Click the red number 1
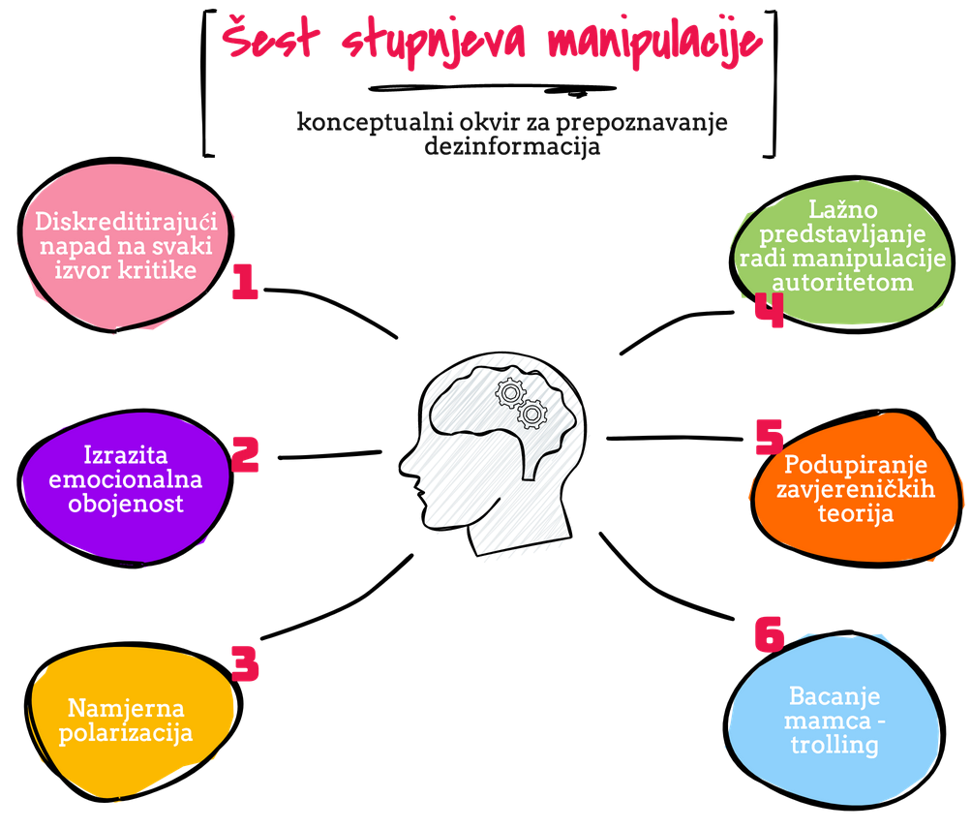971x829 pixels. (245, 282)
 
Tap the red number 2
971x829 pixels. (245, 454)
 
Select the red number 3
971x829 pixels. (245, 664)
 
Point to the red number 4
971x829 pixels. (769, 312)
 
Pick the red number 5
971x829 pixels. (770, 438)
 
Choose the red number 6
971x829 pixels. (769, 634)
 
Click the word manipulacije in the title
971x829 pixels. (653, 42)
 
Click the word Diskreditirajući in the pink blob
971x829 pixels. (126, 222)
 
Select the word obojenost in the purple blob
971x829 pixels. (126, 504)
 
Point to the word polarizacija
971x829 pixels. (126, 733)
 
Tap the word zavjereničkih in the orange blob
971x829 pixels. (857, 489)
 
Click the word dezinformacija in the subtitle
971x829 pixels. (512, 147)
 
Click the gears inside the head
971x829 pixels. (522, 404)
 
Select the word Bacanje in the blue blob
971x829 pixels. (834, 696)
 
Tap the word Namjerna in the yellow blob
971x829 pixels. (126, 709)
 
